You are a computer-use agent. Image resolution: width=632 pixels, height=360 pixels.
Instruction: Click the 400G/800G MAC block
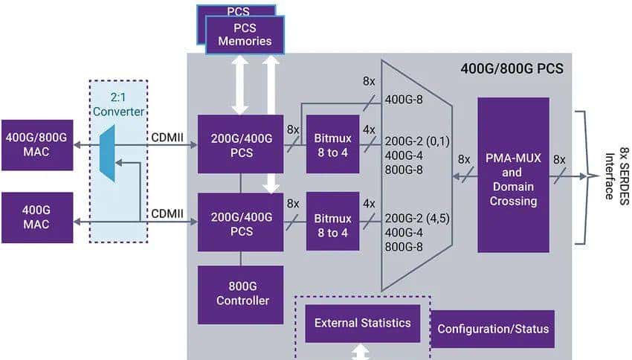pyautogui.click(x=37, y=144)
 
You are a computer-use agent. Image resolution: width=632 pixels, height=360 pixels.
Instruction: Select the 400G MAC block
pyautogui.click(x=37, y=217)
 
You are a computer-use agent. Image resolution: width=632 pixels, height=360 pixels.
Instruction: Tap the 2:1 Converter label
pyautogui.click(x=118, y=105)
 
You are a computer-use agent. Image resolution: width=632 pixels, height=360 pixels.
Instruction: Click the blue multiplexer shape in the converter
pyautogui.click(x=108, y=153)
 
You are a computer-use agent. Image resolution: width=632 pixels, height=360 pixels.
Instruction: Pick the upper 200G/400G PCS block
pyautogui.click(x=240, y=144)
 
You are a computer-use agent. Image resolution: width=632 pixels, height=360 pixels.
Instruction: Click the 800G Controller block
pyautogui.click(x=240, y=295)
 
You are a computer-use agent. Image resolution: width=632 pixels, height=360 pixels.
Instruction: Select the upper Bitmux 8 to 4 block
pyautogui.click(x=332, y=144)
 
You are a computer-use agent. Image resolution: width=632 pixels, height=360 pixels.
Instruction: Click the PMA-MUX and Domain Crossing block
pyautogui.click(x=513, y=175)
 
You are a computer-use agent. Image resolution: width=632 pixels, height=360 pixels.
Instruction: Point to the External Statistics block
pyautogui.click(x=363, y=323)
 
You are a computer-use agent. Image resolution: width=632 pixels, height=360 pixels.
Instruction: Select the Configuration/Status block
pyautogui.click(x=493, y=329)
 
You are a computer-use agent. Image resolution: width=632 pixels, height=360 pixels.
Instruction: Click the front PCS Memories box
pyautogui.click(x=245, y=34)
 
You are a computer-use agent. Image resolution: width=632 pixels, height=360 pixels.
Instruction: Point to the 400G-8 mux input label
pyautogui.click(x=406, y=99)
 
